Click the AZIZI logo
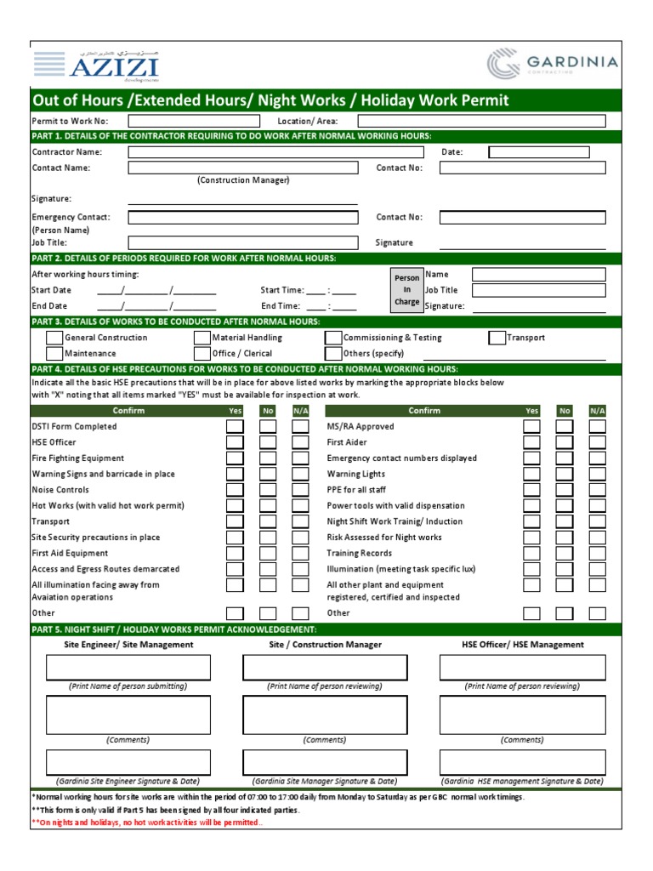click(x=95, y=65)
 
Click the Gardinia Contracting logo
click(x=553, y=65)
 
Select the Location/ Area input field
click(x=482, y=121)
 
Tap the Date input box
click(x=539, y=152)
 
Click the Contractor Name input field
click(x=275, y=152)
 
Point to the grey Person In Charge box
click(x=406, y=290)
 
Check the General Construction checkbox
click(x=54, y=338)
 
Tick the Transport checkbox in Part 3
click(x=497, y=338)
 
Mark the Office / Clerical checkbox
click(x=202, y=353)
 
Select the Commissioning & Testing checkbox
click(x=333, y=338)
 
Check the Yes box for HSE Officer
click(x=235, y=442)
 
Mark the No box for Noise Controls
click(x=268, y=490)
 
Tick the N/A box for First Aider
click(x=598, y=442)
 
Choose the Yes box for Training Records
click(x=531, y=553)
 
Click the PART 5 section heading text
click(x=173, y=629)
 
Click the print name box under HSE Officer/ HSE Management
click(x=522, y=668)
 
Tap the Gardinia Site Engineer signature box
click(x=128, y=762)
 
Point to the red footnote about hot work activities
click(x=148, y=823)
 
